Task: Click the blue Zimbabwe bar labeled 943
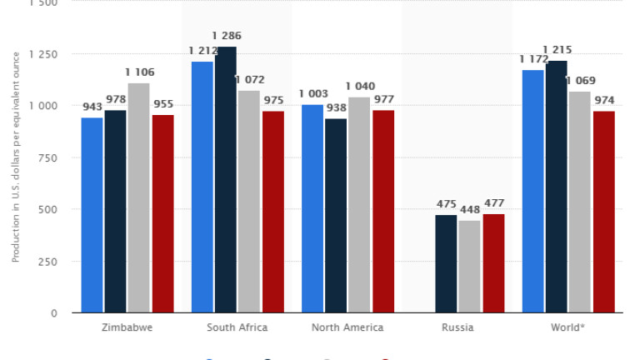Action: pyautogui.click(x=92, y=215)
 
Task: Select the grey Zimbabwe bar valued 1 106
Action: pyautogui.click(x=139, y=197)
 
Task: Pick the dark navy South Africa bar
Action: pyautogui.click(x=226, y=179)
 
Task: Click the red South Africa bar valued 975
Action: pyautogui.click(x=273, y=212)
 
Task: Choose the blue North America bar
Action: pyautogui.click(x=312, y=208)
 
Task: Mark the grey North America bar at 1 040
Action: pyautogui.click(x=360, y=205)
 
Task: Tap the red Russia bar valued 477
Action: pyautogui.click(x=493, y=263)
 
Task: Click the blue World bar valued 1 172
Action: pyautogui.click(x=533, y=191)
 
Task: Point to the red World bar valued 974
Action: pyautogui.click(x=604, y=212)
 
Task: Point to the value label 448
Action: pyautogui.click(x=470, y=209)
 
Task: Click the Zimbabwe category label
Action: pyautogui.click(x=127, y=327)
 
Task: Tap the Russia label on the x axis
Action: pyautogui.click(x=457, y=327)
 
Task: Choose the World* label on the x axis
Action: pyautogui.click(x=567, y=327)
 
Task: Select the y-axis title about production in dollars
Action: pyautogui.click(x=15, y=157)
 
